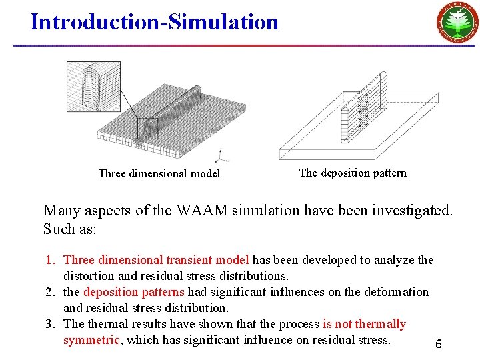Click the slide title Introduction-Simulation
coord(154,22)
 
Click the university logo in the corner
coord(457,24)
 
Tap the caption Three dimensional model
coord(159,174)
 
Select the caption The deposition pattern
coord(353,173)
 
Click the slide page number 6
coord(438,345)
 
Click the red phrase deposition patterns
coord(135,292)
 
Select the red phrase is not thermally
coord(364,324)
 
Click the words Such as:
coord(70,229)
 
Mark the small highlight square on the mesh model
coord(147,128)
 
